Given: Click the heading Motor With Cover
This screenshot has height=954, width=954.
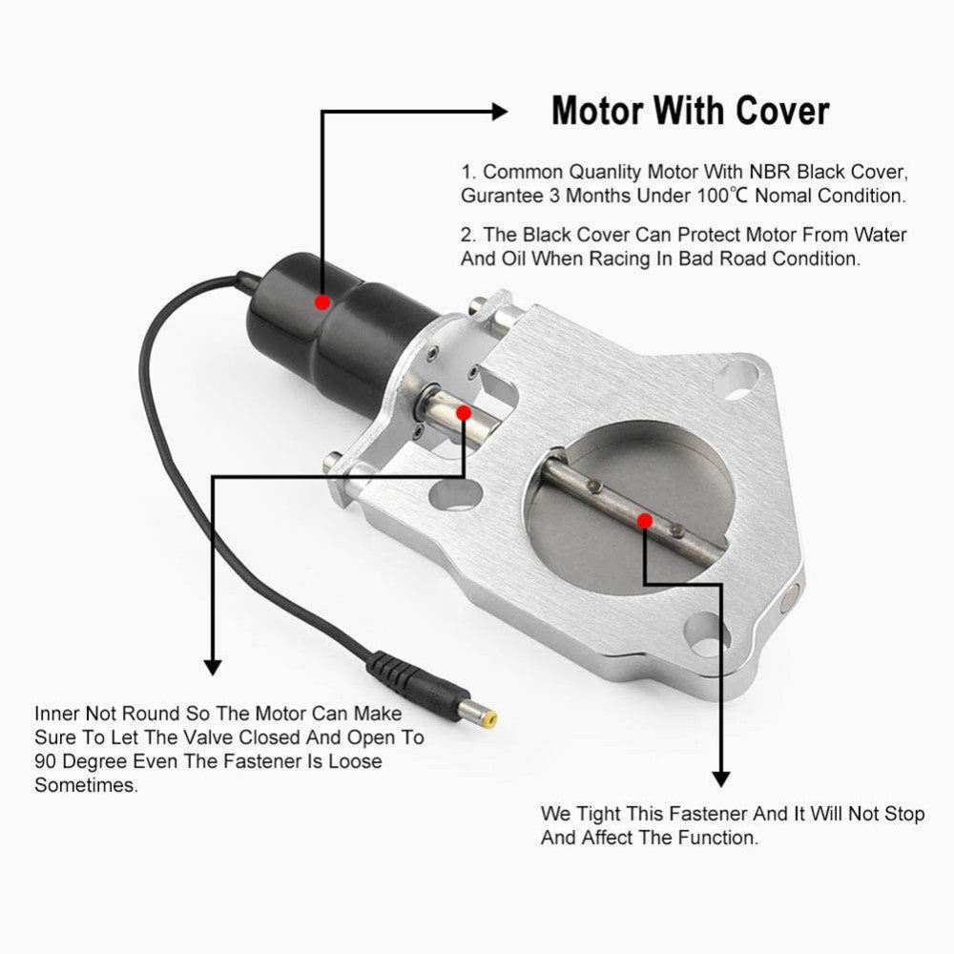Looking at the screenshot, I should pos(690,112).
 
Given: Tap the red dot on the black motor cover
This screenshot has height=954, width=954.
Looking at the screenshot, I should pos(322,301).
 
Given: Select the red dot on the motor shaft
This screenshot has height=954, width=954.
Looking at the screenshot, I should pos(463,412).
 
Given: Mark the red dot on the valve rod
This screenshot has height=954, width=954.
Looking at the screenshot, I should pos(645,520).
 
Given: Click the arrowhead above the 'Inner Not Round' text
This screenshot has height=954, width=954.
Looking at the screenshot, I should pos(212,665).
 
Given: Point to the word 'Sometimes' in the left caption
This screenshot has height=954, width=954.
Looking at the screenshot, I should pos(84,785).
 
